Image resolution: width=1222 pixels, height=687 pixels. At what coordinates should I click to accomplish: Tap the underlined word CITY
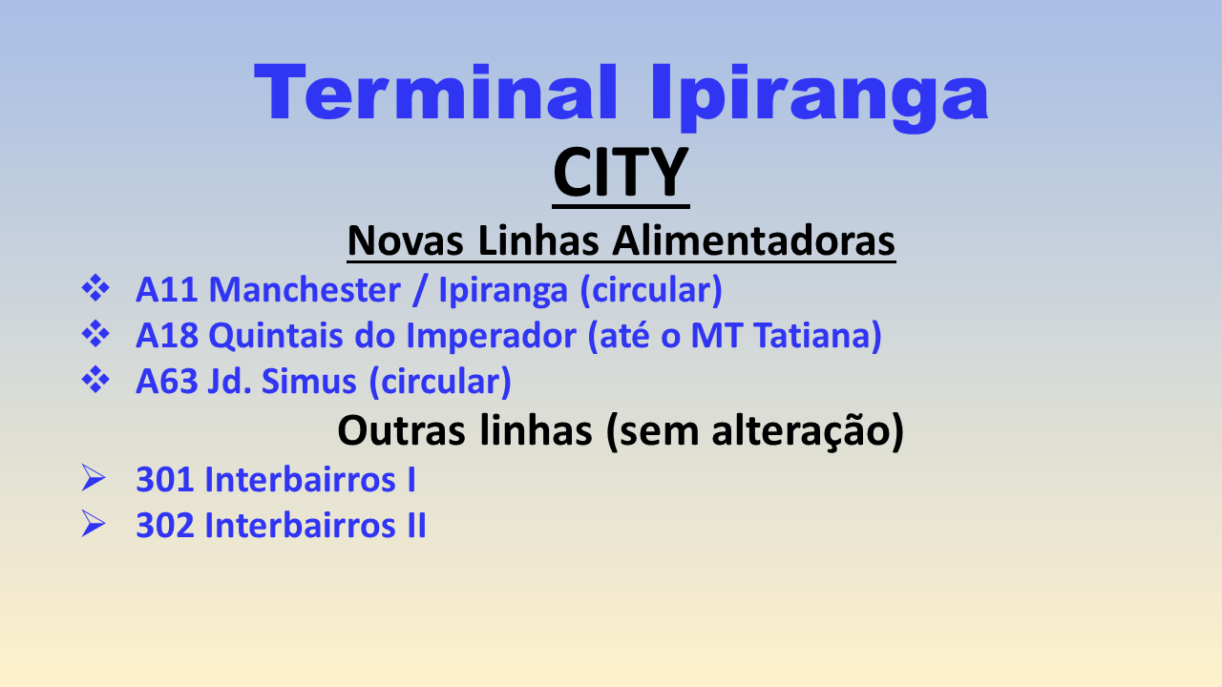tap(621, 173)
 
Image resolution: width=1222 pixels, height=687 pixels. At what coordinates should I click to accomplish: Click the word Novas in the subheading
tap(406, 240)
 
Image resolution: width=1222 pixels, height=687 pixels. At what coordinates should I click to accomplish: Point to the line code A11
tap(166, 289)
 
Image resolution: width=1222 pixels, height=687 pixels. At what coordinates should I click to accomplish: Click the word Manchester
tap(305, 289)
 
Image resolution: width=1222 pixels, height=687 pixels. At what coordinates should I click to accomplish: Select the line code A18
tap(167, 335)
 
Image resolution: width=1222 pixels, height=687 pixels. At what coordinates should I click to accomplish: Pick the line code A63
tap(167, 381)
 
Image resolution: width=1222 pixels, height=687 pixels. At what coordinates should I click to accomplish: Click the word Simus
tap(308, 381)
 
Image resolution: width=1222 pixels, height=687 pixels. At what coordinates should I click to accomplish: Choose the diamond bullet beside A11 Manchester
tap(95, 288)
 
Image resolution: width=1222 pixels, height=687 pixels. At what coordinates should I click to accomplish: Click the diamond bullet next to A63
tap(95, 380)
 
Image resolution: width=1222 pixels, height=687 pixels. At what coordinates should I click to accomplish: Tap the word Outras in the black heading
tap(401, 430)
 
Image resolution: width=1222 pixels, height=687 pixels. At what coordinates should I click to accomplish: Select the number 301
tap(165, 480)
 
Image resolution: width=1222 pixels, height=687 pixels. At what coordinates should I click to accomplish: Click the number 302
tap(165, 526)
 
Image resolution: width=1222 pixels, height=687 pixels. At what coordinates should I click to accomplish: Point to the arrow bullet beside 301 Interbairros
tap(94, 478)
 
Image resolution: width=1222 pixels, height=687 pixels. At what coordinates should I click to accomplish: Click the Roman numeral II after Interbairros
tap(416, 526)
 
